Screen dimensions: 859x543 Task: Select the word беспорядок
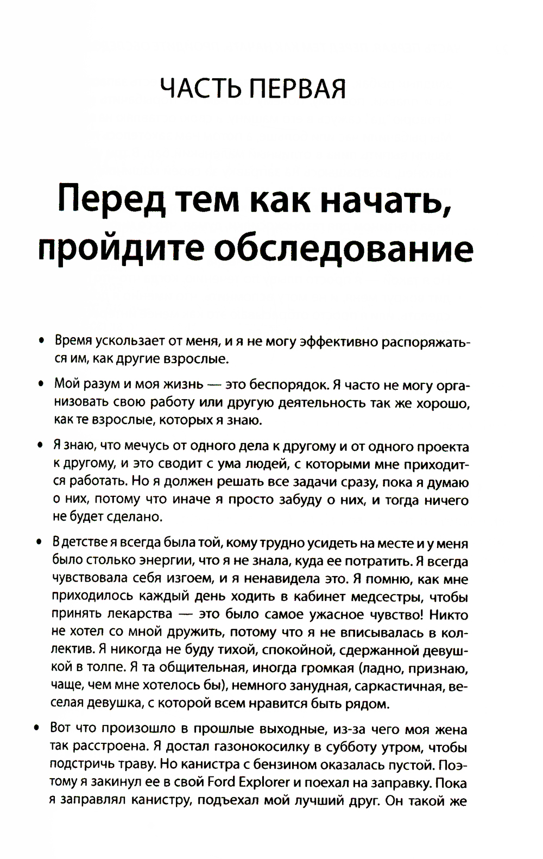(288, 384)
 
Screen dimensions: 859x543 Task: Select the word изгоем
(188, 579)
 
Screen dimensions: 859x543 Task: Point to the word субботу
(350, 747)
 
